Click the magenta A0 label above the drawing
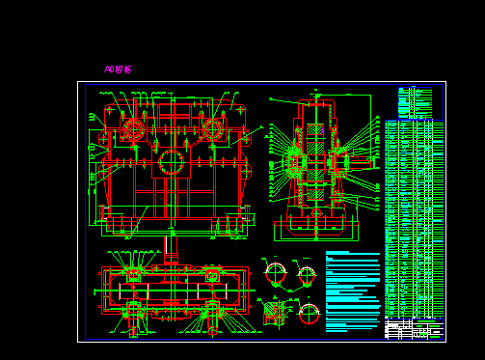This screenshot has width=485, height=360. [117, 69]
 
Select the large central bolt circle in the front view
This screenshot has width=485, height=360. [172, 161]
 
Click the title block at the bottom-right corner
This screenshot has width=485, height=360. [415, 329]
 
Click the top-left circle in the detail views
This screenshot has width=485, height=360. [276, 274]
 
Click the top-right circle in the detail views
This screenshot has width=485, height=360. [307, 276]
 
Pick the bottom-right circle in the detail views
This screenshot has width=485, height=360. [309, 313]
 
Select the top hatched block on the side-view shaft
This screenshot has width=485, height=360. [315, 130]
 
